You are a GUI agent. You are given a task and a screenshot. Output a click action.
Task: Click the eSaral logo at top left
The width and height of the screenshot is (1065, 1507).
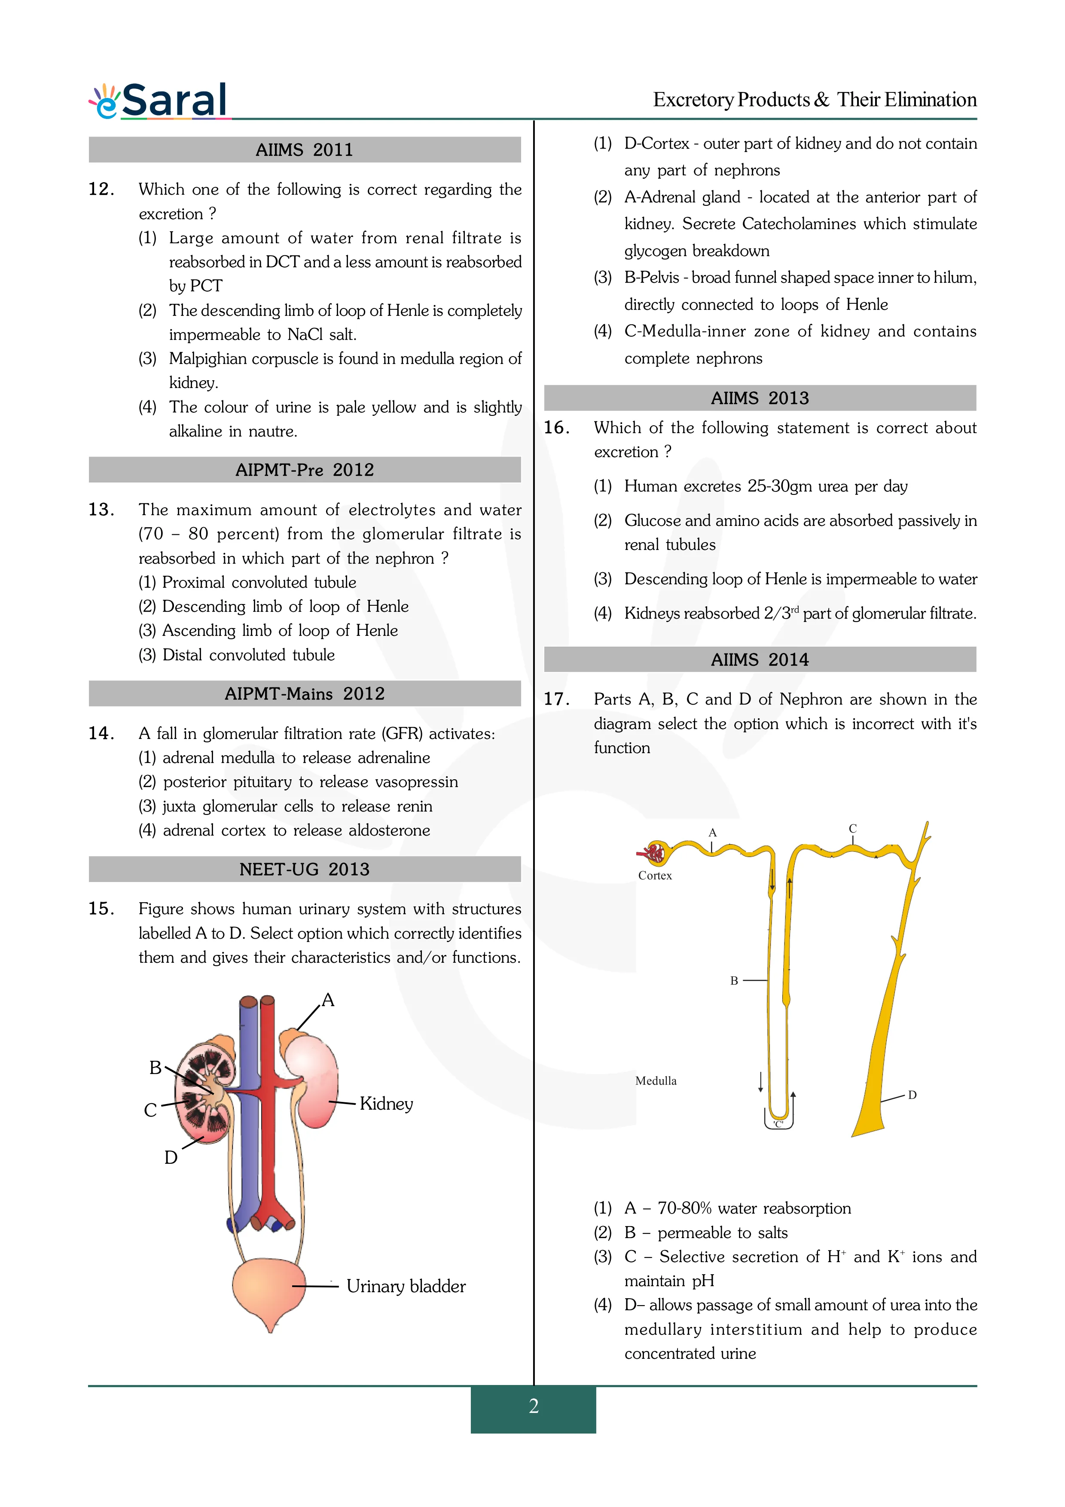[x=159, y=101]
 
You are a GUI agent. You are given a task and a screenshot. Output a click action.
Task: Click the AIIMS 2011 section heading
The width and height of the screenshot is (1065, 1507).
[x=305, y=149]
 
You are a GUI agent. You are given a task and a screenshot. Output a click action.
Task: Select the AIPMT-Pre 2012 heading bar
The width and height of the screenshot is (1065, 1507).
[x=305, y=470]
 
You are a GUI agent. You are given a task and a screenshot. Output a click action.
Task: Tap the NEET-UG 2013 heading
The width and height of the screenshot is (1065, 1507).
[x=305, y=869]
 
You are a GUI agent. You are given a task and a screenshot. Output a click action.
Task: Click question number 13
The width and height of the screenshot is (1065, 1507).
[x=101, y=509]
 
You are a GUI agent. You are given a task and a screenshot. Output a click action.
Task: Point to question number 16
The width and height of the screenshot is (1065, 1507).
[x=556, y=427]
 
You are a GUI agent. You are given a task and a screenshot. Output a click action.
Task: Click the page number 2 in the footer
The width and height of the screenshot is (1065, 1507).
[x=534, y=1406]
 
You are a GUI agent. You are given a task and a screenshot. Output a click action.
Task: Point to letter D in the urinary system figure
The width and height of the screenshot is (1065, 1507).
[x=171, y=1157]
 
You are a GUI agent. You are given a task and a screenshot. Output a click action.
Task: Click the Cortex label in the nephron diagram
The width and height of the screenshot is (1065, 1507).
[x=655, y=876]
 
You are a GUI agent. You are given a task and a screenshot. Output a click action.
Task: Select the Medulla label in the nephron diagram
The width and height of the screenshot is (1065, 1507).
[x=656, y=1081]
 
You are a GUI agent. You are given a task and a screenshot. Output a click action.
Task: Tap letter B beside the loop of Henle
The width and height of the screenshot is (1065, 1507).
[x=734, y=981]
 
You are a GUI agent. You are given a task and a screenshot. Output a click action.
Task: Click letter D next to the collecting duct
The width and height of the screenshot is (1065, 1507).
[x=912, y=1095]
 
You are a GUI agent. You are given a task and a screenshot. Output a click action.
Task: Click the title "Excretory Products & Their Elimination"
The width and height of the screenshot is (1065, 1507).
[x=815, y=99]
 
